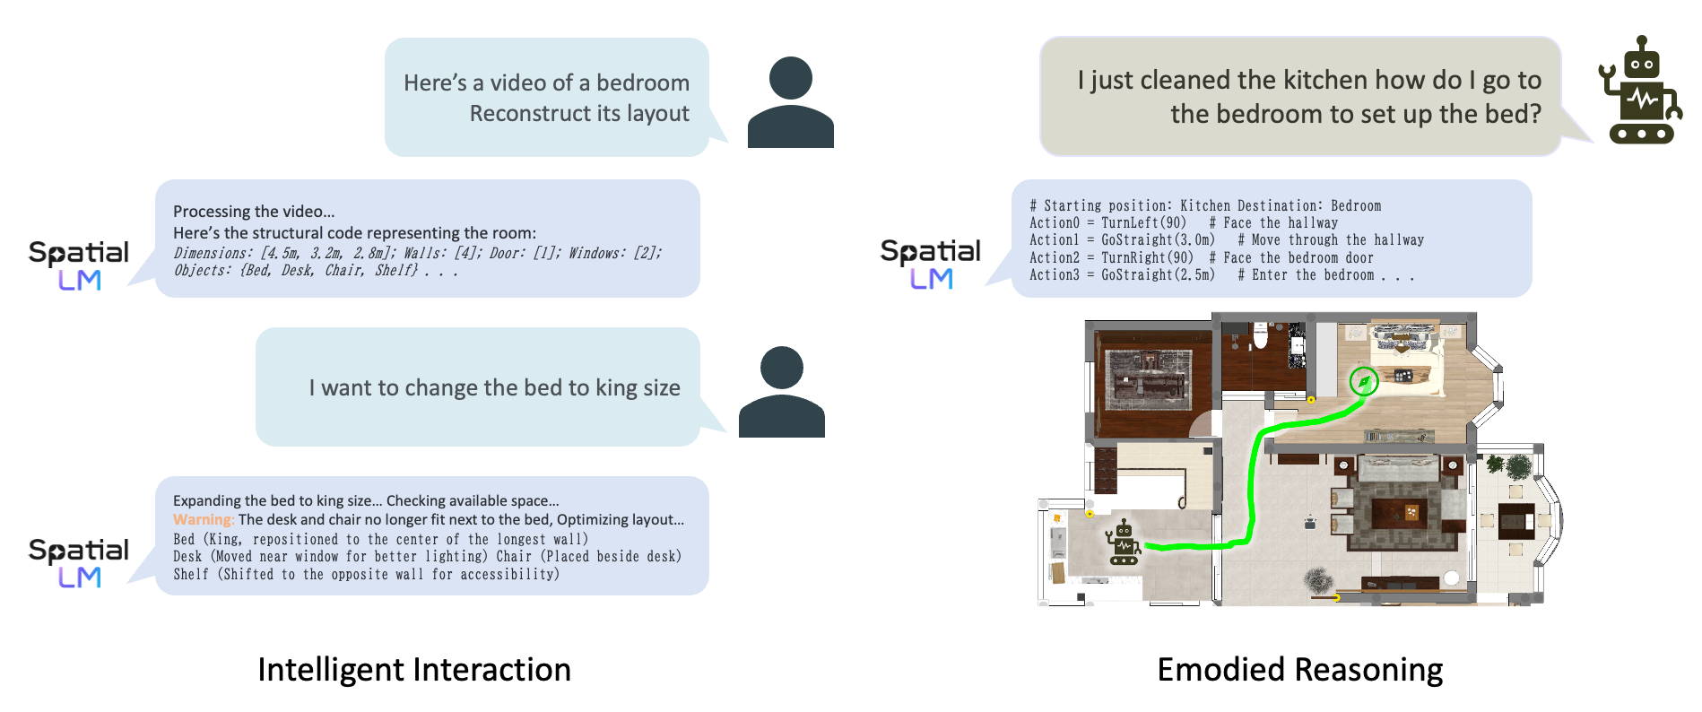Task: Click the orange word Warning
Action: [204, 520]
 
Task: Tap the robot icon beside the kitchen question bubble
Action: [1640, 91]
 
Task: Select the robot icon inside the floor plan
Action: [1123, 543]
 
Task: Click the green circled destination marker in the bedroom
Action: [1364, 382]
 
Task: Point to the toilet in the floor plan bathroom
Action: [1260, 336]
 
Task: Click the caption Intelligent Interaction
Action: [414, 670]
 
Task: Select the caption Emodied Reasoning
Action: [1300, 670]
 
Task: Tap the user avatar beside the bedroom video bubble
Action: [791, 102]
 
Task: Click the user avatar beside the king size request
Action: [782, 392]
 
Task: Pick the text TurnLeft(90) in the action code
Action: [1143, 223]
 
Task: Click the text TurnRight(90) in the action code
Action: [1147, 258]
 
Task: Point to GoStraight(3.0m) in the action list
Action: [1158, 240]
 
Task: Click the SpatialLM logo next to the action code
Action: [931, 264]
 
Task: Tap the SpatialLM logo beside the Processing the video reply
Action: [79, 265]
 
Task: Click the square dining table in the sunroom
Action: [1516, 519]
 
